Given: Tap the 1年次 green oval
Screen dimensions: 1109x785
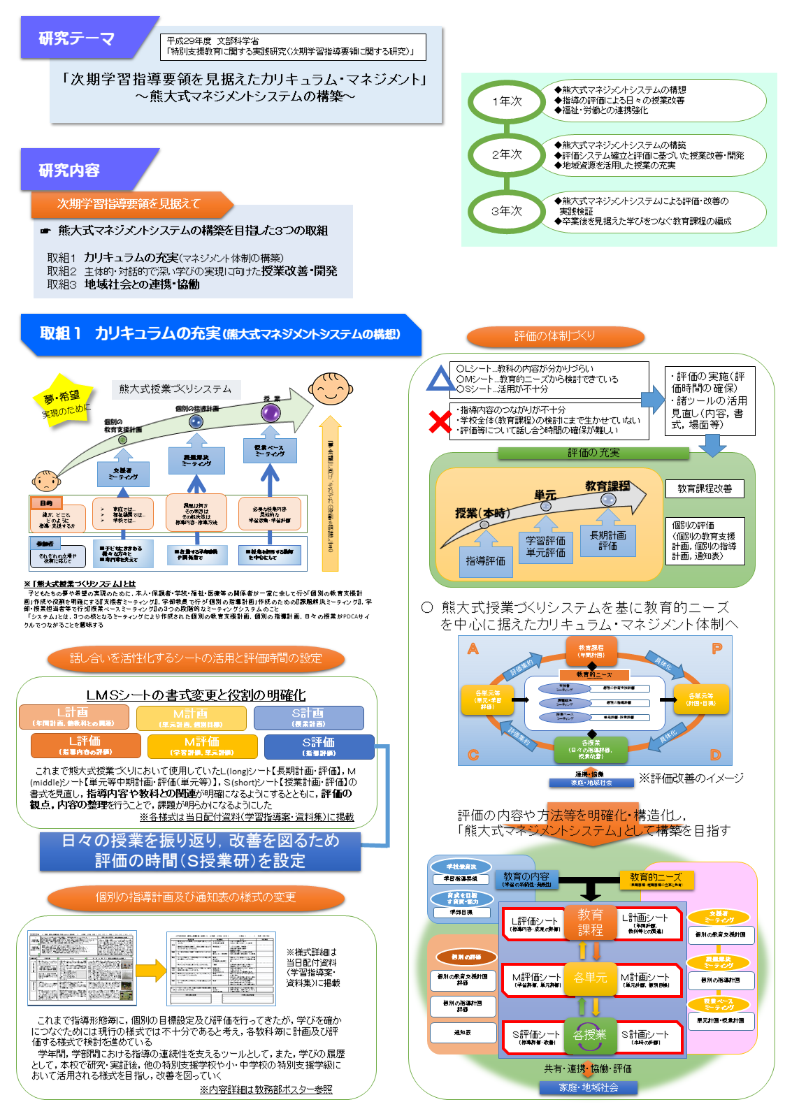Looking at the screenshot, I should [x=507, y=101].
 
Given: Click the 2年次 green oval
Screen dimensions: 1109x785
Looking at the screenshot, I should [x=507, y=154].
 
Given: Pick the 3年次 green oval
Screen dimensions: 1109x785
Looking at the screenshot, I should [x=507, y=210].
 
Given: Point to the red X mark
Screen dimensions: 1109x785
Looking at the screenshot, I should [x=440, y=421].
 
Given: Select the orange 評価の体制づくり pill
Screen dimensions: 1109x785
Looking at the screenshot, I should [x=555, y=336].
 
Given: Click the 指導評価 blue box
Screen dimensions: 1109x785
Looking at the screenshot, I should [x=485, y=561].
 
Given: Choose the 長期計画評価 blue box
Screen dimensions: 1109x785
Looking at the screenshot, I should [x=607, y=540].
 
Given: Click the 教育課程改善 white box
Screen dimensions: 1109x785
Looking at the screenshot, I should [x=705, y=488].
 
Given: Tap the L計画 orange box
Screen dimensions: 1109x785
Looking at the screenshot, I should [x=73, y=716].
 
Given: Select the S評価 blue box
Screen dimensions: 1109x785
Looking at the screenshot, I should [x=319, y=746].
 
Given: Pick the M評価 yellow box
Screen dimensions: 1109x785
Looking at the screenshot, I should [x=202, y=746].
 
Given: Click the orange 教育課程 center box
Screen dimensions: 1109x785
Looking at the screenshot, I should [x=590, y=922].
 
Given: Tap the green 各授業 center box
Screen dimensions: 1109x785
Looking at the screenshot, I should [x=590, y=1035].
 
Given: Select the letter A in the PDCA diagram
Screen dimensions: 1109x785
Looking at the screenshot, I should [x=473, y=649].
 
